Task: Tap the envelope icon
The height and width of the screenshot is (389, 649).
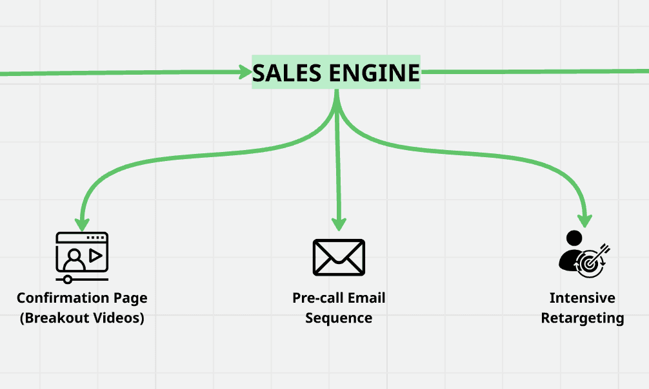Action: (x=339, y=257)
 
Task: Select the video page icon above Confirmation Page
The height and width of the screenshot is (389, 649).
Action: (x=82, y=256)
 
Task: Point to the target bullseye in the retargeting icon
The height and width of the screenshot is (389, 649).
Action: (x=589, y=263)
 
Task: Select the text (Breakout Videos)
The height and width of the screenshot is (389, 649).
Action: (x=82, y=318)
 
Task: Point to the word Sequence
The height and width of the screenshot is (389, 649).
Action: (x=339, y=318)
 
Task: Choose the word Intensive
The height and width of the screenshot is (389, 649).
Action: (x=582, y=298)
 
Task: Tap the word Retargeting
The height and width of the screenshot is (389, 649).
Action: (x=582, y=318)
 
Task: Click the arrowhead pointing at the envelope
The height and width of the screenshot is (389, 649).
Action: (x=339, y=223)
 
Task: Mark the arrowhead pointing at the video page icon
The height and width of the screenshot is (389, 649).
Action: (x=81, y=223)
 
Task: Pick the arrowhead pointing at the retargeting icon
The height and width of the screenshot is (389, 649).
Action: (x=584, y=220)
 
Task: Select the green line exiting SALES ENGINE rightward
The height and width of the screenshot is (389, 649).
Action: (x=529, y=71)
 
